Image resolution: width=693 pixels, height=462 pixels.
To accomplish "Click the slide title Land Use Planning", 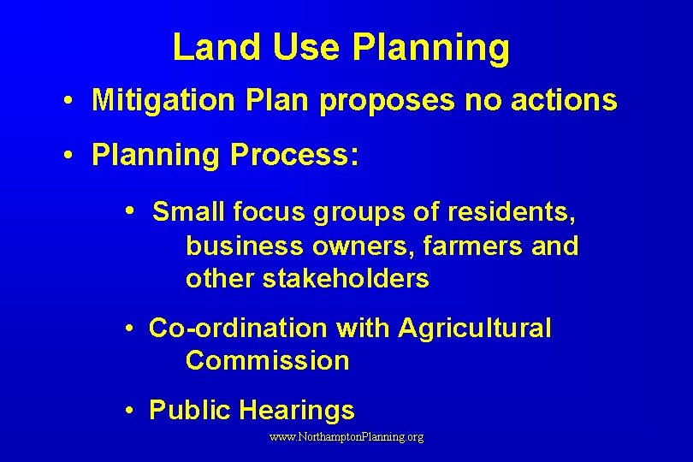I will [x=341, y=48].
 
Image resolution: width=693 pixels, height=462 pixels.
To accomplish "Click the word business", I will [x=244, y=246].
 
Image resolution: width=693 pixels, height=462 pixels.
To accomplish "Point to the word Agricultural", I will [x=475, y=328].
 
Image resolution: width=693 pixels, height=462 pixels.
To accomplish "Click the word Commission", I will [x=267, y=361].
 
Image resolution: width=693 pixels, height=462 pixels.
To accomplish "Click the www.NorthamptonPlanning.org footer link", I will [x=346, y=437].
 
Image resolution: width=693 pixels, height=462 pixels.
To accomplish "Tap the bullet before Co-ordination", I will [x=126, y=329].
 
